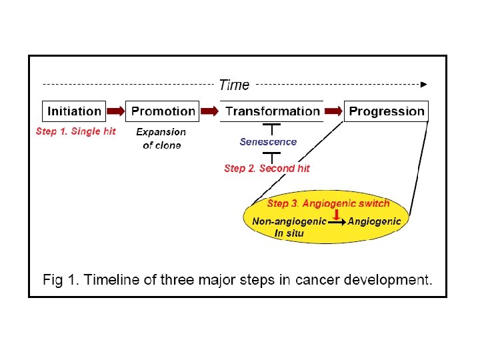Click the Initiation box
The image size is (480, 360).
(74, 111)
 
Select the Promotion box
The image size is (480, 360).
(163, 111)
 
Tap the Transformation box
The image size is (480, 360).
(273, 111)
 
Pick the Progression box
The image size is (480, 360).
(387, 111)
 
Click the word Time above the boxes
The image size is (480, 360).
(234, 85)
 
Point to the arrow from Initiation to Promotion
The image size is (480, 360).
(117, 111)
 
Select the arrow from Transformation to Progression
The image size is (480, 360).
(333, 111)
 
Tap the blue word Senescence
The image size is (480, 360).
(268, 141)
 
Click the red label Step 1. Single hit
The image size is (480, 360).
(75, 131)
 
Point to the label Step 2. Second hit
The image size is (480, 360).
(267, 168)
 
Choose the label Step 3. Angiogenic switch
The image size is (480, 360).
(328, 203)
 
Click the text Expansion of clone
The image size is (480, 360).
(161, 139)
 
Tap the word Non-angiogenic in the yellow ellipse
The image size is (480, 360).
(289, 221)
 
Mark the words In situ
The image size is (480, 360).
(289, 233)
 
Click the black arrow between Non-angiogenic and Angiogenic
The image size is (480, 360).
(337, 222)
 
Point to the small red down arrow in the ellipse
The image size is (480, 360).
(337, 213)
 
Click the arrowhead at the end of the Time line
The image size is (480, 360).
(423, 85)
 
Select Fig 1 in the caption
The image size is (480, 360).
(60, 280)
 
